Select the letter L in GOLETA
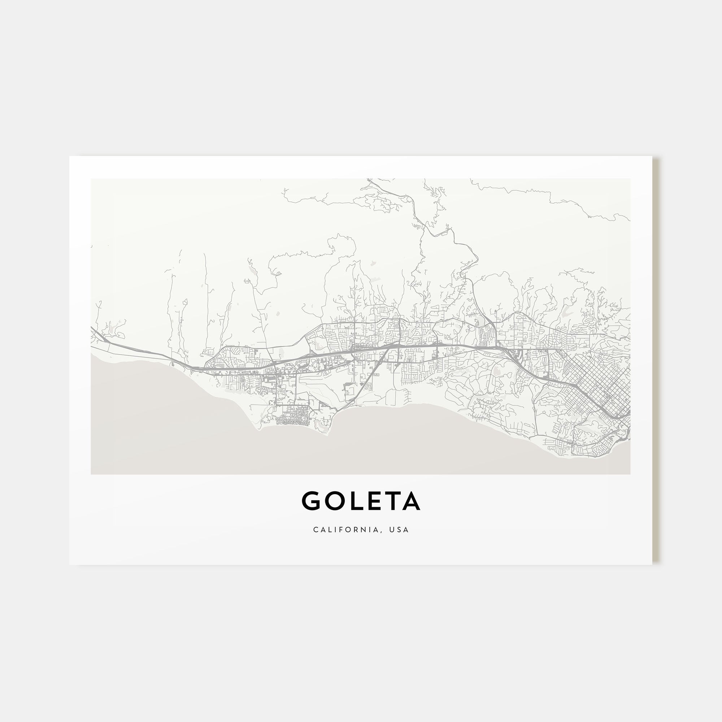353,501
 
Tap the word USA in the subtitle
399,530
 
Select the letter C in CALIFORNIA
316,530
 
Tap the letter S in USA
399,530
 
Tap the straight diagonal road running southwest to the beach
368,381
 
